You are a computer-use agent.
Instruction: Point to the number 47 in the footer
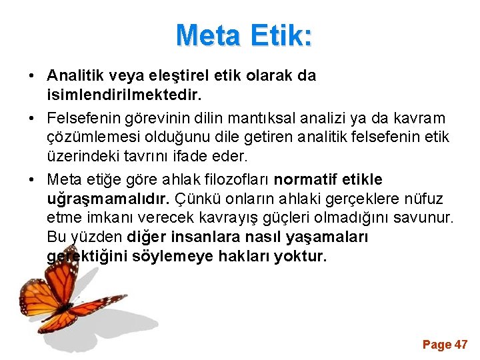tap(461, 345)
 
